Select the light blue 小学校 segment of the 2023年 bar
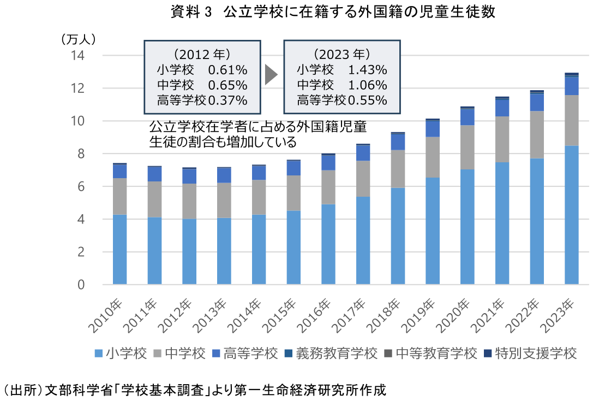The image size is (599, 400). (571, 215)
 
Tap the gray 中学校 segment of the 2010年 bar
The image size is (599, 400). (119, 196)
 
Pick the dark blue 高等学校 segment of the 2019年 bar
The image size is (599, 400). (433, 128)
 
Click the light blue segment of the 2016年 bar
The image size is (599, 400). (328, 244)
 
